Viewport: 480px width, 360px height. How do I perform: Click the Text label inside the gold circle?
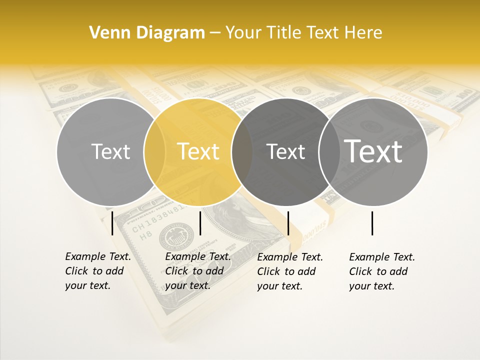pos(198,151)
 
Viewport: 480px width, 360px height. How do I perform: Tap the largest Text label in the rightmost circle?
pos(373,151)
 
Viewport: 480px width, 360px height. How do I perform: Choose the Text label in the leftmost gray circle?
pos(110,151)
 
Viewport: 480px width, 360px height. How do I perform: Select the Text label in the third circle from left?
pos(286,151)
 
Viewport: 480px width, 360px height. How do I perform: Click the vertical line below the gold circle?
pos(200,223)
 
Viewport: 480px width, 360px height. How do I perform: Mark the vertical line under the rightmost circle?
pos(372,223)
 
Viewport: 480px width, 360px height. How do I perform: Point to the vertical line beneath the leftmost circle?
pos(112,223)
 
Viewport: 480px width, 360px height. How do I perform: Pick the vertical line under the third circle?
pos(288,223)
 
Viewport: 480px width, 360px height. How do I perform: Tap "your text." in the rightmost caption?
pos(372,286)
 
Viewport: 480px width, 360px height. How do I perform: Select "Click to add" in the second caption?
pos(194,271)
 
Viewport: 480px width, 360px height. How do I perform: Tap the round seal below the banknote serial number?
pos(176,236)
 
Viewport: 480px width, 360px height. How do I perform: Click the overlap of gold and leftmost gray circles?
pos(154,151)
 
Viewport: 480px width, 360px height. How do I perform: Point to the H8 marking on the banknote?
pos(145,235)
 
